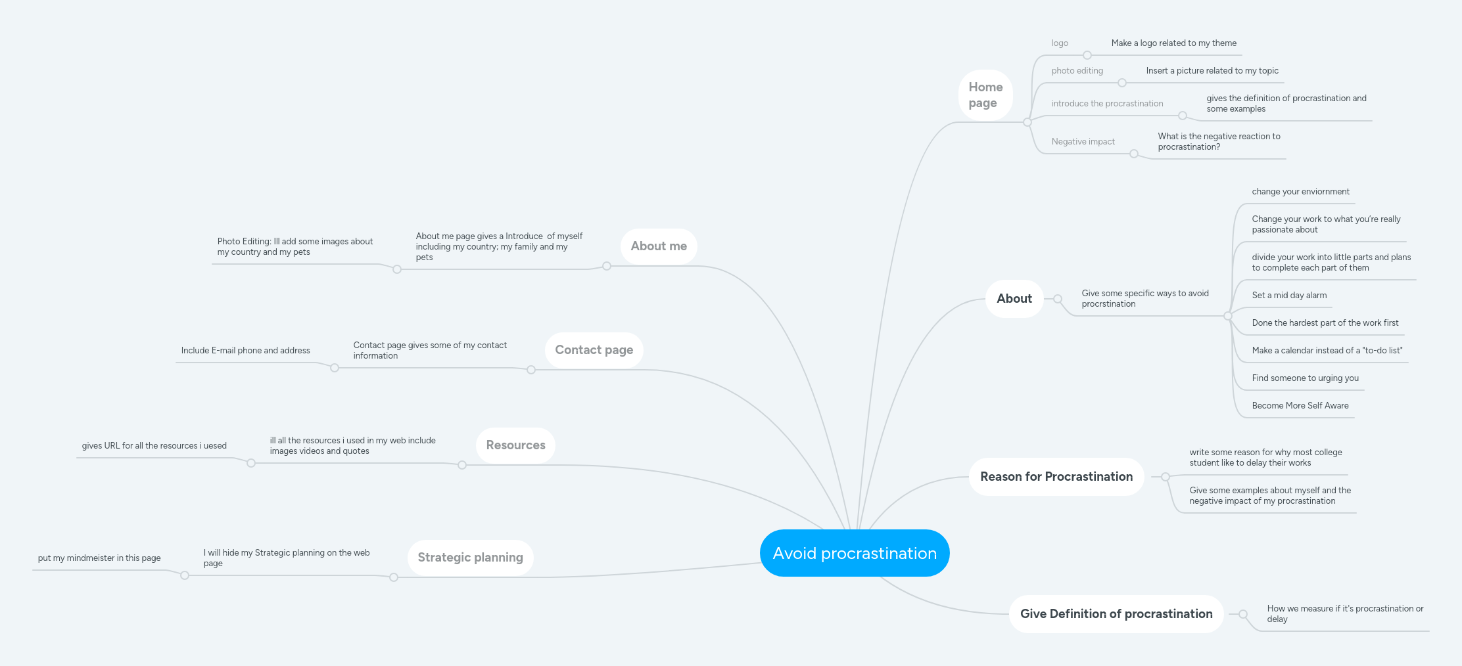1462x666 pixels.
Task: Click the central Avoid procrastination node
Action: point(855,553)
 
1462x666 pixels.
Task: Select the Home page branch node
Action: point(985,95)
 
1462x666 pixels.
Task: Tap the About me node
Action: point(659,246)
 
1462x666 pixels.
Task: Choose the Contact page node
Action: point(594,350)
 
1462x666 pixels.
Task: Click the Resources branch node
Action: point(515,445)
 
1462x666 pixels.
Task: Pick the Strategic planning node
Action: point(470,558)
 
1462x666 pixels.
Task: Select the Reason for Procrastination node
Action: point(1056,477)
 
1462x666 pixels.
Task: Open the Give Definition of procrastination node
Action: point(1116,614)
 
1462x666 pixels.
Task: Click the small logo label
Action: point(1060,43)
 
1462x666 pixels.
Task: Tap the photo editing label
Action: point(1077,71)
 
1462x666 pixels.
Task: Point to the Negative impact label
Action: point(1083,142)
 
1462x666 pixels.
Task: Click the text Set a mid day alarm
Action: point(1289,296)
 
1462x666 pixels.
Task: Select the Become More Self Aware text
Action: point(1300,406)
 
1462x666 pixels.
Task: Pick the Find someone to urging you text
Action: point(1305,378)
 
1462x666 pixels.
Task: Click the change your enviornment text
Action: point(1300,192)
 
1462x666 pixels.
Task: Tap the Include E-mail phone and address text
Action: point(245,351)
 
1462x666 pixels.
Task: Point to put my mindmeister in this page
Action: point(99,558)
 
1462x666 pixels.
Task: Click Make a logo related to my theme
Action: point(1173,43)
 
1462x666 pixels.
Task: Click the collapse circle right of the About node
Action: point(1058,299)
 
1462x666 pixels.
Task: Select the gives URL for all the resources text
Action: point(154,446)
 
